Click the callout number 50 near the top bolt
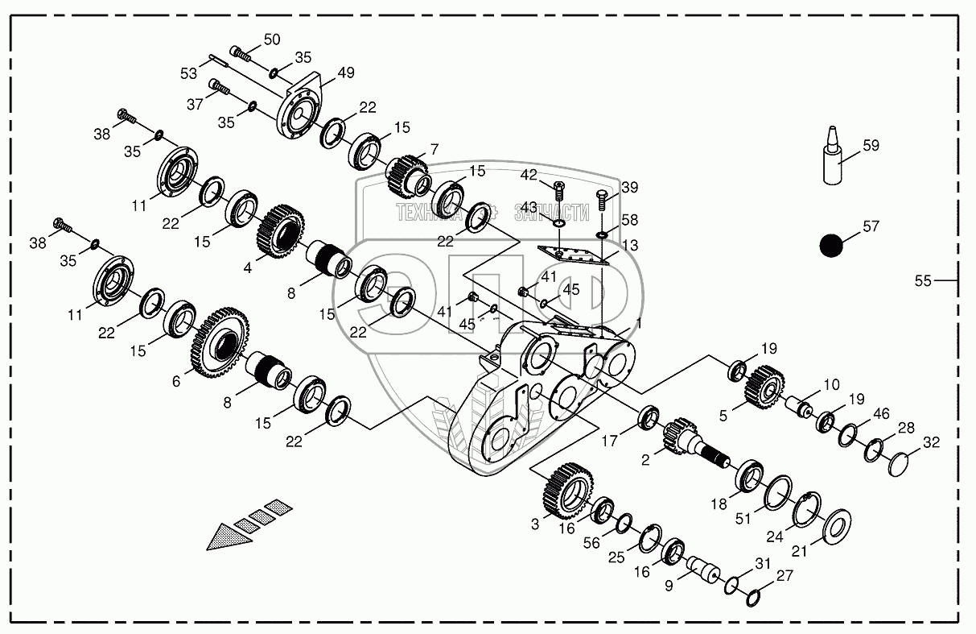272,39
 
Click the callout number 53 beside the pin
188,74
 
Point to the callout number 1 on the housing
638,323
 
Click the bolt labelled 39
602,197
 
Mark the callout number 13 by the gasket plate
631,246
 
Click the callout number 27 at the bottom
785,576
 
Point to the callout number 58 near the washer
629,219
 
